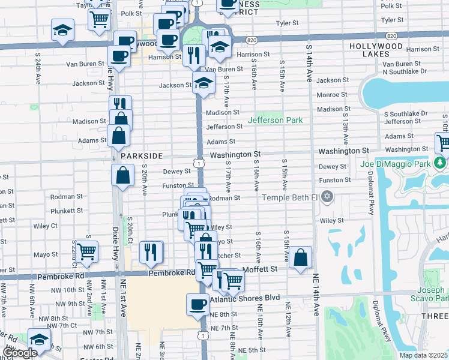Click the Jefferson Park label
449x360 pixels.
tap(276, 120)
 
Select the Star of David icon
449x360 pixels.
tap(327, 197)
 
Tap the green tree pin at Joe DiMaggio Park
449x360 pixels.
tap(441, 163)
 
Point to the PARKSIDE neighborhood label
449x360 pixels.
tap(142, 155)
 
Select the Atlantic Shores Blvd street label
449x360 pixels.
tap(246, 298)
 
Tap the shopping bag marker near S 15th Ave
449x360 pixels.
tap(301, 257)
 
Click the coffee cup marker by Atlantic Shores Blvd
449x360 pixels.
tap(197, 304)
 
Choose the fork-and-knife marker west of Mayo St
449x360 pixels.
tap(150, 251)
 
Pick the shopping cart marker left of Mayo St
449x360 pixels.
tap(87, 251)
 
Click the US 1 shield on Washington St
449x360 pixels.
tap(197, 163)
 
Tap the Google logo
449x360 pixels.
tap(19, 353)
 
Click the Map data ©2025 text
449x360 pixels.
tap(423, 355)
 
